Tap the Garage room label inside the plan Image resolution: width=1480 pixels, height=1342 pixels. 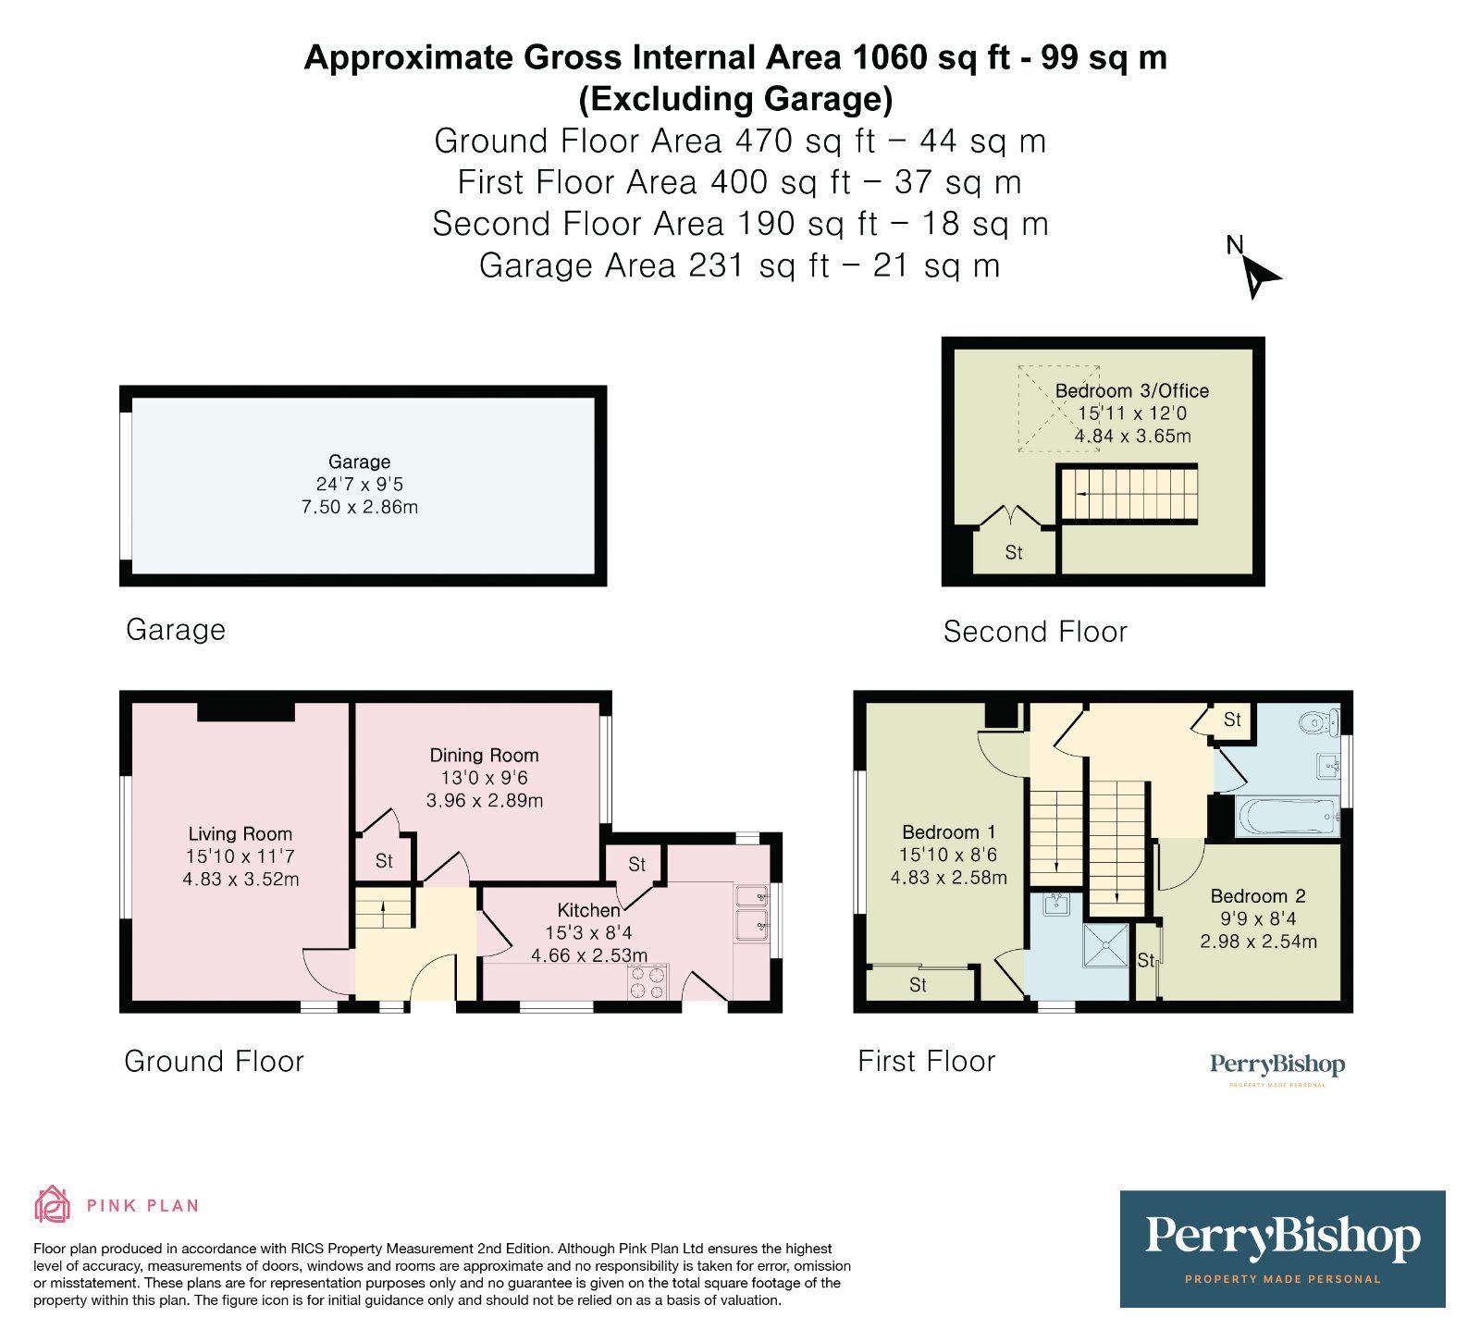point(359,462)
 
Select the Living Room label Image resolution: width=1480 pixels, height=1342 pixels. point(240,833)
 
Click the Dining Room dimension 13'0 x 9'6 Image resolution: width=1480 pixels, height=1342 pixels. point(484,778)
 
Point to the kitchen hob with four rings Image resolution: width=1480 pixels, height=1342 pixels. point(647,981)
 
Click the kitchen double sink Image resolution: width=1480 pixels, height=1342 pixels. point(751,910)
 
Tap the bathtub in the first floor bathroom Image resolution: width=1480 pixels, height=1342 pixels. point(1287,817)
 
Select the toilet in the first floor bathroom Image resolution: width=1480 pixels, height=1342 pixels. point(1318,721)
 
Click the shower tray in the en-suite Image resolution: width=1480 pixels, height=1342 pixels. point(1105,946)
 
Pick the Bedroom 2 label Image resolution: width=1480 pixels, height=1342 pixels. point(1258,895)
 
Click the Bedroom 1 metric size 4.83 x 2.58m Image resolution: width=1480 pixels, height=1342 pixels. point(948,877)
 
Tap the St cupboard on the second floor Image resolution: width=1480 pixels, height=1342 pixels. point(1014,552)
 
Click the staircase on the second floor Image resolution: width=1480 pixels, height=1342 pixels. point(1128,494)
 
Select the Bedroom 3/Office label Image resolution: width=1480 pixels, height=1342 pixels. point(1131,390)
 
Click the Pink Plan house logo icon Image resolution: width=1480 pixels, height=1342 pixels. point(52,1204)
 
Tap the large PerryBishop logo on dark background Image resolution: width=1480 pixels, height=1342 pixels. point(1282,1248)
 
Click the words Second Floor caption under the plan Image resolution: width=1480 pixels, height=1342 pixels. point(1035,632)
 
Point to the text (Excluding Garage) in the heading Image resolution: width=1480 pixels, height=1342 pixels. point(735,98)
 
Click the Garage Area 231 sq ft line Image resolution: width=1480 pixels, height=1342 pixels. point(739,265)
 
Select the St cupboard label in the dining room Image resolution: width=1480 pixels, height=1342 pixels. point(384,861)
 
